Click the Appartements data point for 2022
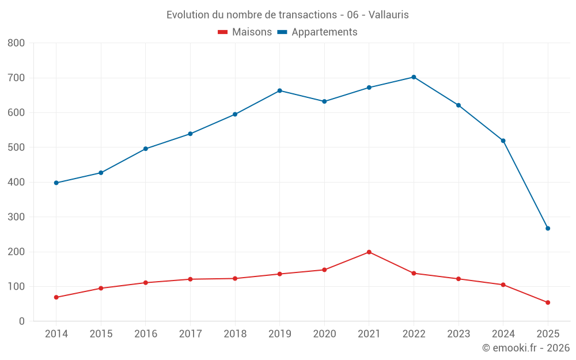pyautogui.click(x=414, y=77)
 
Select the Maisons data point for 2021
pyautogui.click(x=369, y=252)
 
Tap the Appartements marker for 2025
pyautogui.click(x=548, y=228)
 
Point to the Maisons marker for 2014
pyautogui.click(x=56, y=297)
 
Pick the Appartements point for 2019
pyautogui.click(x=280, y=90)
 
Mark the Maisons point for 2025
pyautogui.click(x=548, y=302)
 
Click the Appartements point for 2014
pyautogui.click(x=56, y=183)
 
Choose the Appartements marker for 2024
pyautogui.click(x=503, y=141)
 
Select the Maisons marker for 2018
pyautogui.click(x=235, y=278)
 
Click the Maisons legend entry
pyautogui.click(x=245, y=32)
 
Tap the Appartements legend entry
pyautogui.click(x=317, y=32)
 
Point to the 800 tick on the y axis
pyautogui.click(x=16, y=43)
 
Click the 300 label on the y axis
pyautogui.click(x=16, y=217)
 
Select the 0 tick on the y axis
pyautogui.click(x=22, y=321)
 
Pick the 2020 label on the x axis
pyautogui.click(x=324, y=334)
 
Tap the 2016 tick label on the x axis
pyautogui.click(x=146, y=334)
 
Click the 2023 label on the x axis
pyautogui.click(x=458, y=334)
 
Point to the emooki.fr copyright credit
pyautogui.click(x=526, y=348)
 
